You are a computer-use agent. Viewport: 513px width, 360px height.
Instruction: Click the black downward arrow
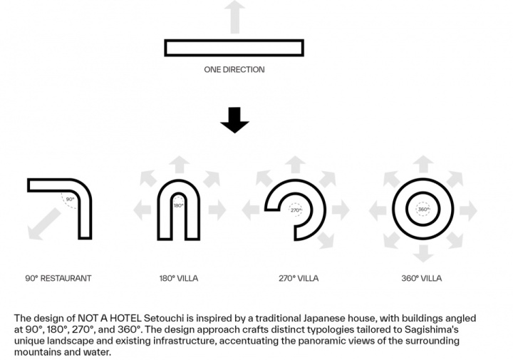[234, 120]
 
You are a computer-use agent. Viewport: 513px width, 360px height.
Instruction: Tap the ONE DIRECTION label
[234, 70]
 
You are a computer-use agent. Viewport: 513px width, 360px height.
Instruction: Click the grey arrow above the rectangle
[235, 17]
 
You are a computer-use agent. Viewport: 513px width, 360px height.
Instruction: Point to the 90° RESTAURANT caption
[58, 278]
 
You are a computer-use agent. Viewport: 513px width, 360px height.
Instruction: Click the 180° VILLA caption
[179, 278]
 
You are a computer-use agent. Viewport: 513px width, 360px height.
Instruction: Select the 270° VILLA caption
[299, 278]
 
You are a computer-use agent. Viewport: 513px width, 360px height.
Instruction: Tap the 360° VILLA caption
[422, 278]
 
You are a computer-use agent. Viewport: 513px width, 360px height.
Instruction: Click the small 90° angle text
[70, 199]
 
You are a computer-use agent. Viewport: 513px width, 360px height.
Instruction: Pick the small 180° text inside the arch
[178, 205]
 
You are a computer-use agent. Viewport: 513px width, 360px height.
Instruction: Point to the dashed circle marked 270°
[296, 204]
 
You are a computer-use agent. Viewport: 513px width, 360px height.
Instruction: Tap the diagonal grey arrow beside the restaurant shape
[44, 224]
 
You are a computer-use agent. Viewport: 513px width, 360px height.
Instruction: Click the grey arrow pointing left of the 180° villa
[142, 210]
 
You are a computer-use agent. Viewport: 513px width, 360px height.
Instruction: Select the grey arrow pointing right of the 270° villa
[341, 210]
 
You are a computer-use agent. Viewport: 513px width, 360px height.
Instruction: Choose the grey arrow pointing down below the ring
[423, 253]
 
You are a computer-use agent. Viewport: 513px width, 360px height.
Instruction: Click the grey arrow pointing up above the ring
[423, 164]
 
